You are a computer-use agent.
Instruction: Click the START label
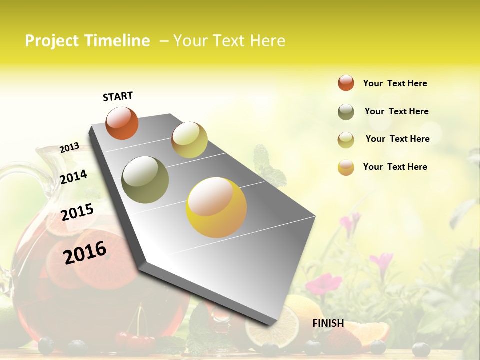[x=118, y=96]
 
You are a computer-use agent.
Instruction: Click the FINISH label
[x=328, y=323]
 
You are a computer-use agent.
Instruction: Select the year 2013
[x=69, y=148]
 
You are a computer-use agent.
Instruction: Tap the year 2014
[x=73, y=177]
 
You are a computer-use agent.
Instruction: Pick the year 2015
[x=77, y=212]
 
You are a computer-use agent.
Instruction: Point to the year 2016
[x=85, y=252]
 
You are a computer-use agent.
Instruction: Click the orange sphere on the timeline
[x=122, y=123]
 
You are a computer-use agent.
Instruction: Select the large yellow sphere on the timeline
[x=216, y=207]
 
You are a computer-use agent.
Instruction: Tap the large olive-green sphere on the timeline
[x=145, y=180]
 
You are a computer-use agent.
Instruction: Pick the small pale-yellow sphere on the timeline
[x=189, y=140]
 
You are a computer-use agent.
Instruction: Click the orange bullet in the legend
[x=346, y=83]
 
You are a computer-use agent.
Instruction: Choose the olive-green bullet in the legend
[x=346, y=112]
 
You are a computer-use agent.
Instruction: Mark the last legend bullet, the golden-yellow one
[x=346, y=167]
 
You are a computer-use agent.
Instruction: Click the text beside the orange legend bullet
[x=395, y=83]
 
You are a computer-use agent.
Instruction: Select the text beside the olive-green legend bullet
[x=396, y=111]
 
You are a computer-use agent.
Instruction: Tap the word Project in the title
[x=52, y=41]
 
